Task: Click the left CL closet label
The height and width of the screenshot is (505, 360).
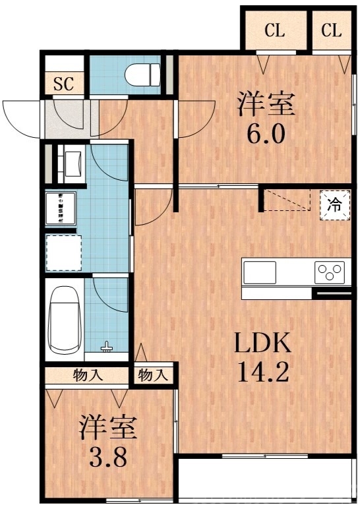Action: (x=275, y=30)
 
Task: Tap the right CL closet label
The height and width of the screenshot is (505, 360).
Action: (x=332, y=30)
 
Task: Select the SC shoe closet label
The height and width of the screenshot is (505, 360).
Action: (x=64, y=84)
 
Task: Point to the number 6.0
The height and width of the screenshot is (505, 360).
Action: (x=266, y=134)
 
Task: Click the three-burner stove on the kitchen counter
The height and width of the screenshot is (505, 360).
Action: (x=330, y=272)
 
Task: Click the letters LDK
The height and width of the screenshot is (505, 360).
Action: (x=263, y=343)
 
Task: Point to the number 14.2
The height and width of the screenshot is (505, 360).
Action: (x=263, y=373)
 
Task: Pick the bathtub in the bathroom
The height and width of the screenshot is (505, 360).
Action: (x=64, y=321)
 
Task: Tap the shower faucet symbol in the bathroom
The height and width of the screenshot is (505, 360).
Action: (x=107, y=345)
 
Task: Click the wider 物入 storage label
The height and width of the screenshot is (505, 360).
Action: (x=87, y=376)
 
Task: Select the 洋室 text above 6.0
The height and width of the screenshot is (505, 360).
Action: (x=266, y=105)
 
